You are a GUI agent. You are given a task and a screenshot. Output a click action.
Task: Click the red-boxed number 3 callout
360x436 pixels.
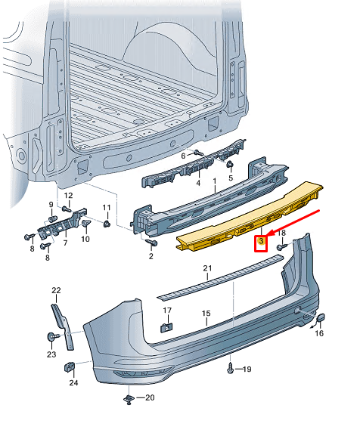click(x=260, y=243)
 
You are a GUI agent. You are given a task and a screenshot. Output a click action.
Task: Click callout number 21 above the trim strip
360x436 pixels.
click(x=208, y=269)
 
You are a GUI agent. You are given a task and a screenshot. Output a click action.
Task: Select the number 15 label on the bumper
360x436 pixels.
click(x=205, y=313)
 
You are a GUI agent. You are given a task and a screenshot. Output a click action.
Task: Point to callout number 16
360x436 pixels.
click(x=319, y=332)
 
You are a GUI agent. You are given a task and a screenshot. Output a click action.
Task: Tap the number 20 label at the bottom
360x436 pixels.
click(x=149, y=397)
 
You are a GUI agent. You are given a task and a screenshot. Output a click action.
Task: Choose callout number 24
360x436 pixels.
click(x=73, y=382)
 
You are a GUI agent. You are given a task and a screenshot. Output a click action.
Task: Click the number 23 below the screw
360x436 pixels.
click(x=51, y=354)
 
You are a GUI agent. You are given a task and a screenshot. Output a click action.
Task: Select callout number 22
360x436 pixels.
click(x=55, y=290)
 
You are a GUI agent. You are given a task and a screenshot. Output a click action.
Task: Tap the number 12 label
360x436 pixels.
click(x=67, y=196)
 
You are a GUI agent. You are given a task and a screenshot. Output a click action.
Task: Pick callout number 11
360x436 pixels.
click(x=107, y=208)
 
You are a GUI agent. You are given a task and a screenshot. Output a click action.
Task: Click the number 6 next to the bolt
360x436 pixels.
click(x=183, y=155)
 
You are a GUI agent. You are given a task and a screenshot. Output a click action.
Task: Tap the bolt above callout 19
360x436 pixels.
click(x=230, y=368)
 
